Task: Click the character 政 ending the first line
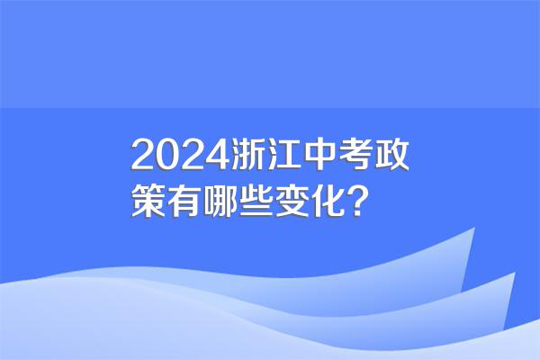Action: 391,155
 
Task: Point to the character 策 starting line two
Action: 148,201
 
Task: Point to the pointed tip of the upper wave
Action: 474,228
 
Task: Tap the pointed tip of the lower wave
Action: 515,273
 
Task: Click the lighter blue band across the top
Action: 270,54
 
